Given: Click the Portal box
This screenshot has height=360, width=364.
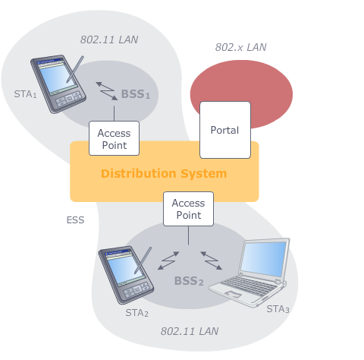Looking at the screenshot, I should pos(224,130).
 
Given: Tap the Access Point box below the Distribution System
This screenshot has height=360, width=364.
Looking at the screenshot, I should pos(188,209).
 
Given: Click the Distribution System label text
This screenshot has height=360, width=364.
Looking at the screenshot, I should pos(164,174).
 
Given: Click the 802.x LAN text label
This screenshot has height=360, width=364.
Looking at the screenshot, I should pos(240,47).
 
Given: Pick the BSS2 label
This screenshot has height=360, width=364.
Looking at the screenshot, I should pos(190,281).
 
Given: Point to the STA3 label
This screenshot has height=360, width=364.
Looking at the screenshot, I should pos(278,309).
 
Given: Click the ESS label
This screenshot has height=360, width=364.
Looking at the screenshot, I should pos(75,220).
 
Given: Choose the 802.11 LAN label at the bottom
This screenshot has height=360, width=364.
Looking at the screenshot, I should pos(190,331).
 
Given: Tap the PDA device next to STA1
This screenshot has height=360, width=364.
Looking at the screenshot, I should pos(58,82).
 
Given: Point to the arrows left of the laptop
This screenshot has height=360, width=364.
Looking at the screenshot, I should pos(212,261).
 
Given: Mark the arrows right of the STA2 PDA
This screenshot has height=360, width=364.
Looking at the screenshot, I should pos(168,261).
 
